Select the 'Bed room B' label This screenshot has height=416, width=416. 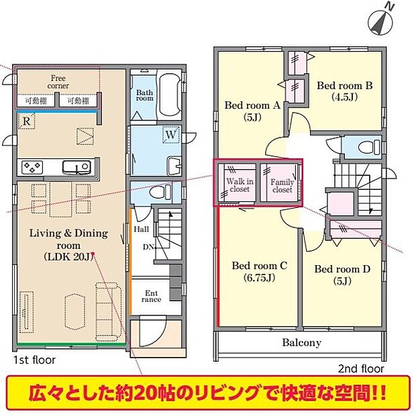click(344, 91)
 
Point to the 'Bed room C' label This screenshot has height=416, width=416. click(259, 271)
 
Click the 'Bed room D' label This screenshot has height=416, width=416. click(342, 274)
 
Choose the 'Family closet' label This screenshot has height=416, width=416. click(282, 185)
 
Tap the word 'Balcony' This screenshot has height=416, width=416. click(301, 342)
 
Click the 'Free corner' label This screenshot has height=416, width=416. click(58, 82)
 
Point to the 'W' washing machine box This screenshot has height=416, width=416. click(171, 136)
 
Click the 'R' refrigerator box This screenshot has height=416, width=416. click(25, 121)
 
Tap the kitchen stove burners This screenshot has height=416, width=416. click(33, 166)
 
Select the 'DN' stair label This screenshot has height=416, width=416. click(148, 246)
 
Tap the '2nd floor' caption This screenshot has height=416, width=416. click(360, 368)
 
